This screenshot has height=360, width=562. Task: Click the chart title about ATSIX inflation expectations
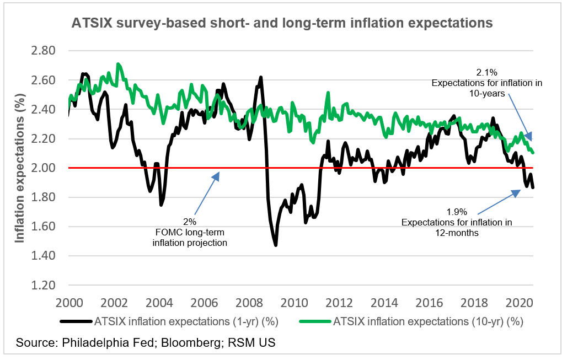(x=281, y=23)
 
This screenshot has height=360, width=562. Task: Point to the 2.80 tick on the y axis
(x=53, y=51)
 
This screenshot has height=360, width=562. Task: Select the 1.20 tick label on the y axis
(x=53, y=286)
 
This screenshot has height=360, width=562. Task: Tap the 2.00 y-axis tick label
(x=53, y=168)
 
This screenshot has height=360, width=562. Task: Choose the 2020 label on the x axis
(x=521, y=303)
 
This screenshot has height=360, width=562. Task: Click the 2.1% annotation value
(x=487, y=72)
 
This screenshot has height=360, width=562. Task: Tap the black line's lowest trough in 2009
(x=275, y=245)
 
